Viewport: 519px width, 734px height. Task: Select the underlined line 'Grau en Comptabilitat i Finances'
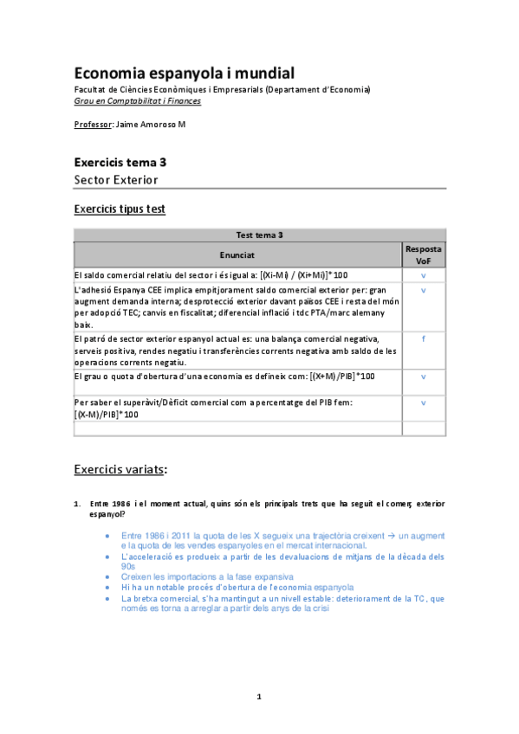[138, 100]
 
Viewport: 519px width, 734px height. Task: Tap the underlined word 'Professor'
[93, 125]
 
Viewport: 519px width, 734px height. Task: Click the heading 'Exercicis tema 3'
[120, 162]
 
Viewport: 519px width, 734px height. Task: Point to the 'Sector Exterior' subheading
[116, 180]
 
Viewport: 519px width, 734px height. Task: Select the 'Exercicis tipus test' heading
[120, 209]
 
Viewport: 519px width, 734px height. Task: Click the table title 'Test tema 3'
[259, 235]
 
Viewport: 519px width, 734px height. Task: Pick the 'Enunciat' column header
[237, 255]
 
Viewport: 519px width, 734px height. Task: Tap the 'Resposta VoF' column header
[424, 254]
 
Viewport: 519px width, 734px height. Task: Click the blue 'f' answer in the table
[424, 338]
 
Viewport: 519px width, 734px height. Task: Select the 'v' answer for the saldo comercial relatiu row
[424, 275]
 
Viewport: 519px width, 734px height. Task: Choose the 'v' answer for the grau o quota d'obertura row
[424, 377]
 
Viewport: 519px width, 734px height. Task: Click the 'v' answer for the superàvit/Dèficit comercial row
[424, 402]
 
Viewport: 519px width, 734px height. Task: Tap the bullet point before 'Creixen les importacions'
[107, 576]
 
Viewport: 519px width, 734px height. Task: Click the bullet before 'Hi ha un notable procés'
[107, 587]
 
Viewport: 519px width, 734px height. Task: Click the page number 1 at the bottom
[259, 696]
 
